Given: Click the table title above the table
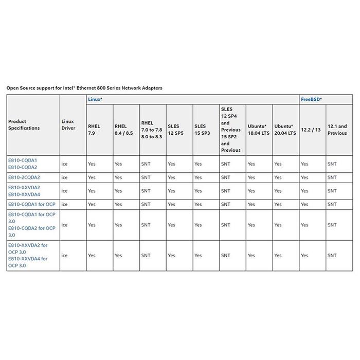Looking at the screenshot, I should point(84,88).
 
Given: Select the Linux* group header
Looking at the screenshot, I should point(95,99).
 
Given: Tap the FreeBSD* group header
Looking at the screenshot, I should point(311,99).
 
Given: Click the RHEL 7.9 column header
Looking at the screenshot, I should point(94,129).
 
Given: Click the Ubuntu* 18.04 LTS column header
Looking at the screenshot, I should point(258,129).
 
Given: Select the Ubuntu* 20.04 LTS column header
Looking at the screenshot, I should point(285,129).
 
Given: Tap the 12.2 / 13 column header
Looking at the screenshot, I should point(310,129).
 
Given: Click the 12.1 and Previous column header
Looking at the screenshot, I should point(337,129).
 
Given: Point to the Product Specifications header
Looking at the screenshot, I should point(24,125).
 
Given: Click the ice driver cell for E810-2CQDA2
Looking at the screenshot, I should point(64,177).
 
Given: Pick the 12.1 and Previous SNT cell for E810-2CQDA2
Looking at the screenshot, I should point(332,177).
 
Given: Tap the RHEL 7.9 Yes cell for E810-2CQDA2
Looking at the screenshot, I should point(92,177).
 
